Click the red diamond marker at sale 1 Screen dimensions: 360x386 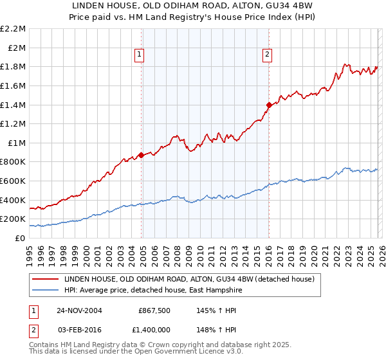(141, 155)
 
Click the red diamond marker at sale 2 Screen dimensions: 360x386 (268, 105)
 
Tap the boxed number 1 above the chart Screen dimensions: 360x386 (140, 55)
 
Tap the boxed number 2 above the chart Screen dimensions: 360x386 (267, 55)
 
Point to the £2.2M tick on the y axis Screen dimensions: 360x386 (13, 29)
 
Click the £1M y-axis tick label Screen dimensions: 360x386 (17, 143)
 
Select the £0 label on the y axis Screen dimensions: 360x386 (21, 238)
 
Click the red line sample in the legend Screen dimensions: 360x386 (45, 278)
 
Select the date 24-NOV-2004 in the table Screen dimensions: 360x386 (79, 310)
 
